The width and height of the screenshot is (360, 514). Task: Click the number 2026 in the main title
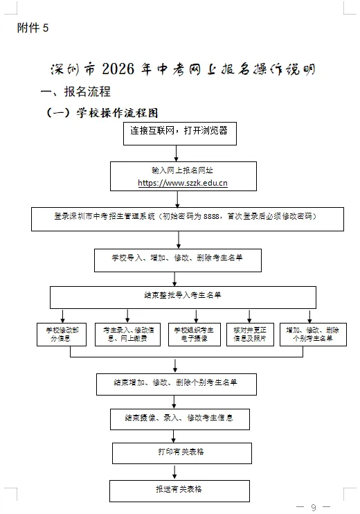(122, 70)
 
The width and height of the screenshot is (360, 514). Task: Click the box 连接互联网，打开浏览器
(179, 132)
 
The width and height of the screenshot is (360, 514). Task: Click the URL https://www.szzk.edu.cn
(183, 183)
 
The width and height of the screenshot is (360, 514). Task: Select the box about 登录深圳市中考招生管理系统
(179, 217)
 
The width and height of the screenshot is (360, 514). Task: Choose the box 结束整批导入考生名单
(183, 296)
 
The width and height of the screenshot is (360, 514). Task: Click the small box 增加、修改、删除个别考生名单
(312, 335)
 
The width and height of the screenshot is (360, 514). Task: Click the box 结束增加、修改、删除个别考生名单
(176, 383)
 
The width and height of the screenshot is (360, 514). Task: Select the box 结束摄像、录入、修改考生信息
(179, 418)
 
